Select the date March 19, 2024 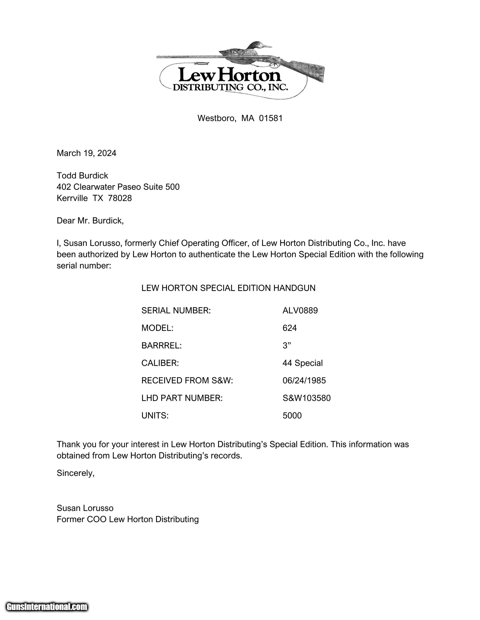tap(86, 153)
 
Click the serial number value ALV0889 tap(300, 311)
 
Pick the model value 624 tap(289, 328)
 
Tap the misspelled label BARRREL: tap(161, 346)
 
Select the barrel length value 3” tap(287, 346)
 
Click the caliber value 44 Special tap(303, 363)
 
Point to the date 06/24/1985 tap(304, 381)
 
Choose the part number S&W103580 tap(306, 398)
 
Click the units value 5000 tap(292, 416)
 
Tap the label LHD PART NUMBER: tap(182, 398)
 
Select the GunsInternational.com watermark tap(47, 607)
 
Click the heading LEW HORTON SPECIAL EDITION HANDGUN tap(228, 288)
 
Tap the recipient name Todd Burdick tap(82, 176)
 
